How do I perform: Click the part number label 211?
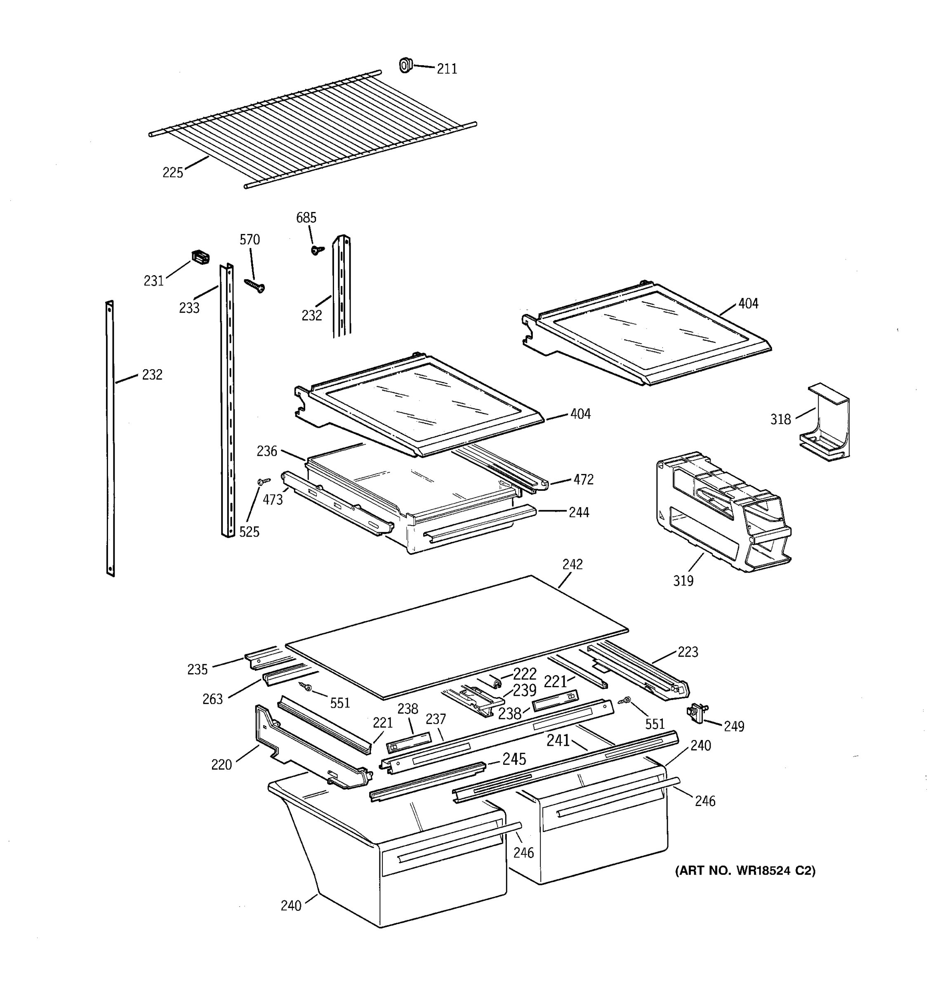coord(447,69)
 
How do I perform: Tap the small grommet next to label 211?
coord(406,65)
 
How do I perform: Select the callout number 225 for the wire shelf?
coord(173,173)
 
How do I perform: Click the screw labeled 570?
coord(255,285)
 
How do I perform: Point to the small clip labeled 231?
coord(200,257)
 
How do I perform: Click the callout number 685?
coord(306,218)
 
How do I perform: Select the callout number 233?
coord(189,308)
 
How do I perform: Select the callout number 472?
coord(584,480)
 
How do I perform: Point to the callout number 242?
coord(572,564)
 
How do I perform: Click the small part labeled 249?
coord(697,714)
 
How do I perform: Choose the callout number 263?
coord(212,699)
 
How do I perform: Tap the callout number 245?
coord(514,759)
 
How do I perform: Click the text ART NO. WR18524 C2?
coord(745,871)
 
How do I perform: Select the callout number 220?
coord(221,765)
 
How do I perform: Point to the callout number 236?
coord(267,451)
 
